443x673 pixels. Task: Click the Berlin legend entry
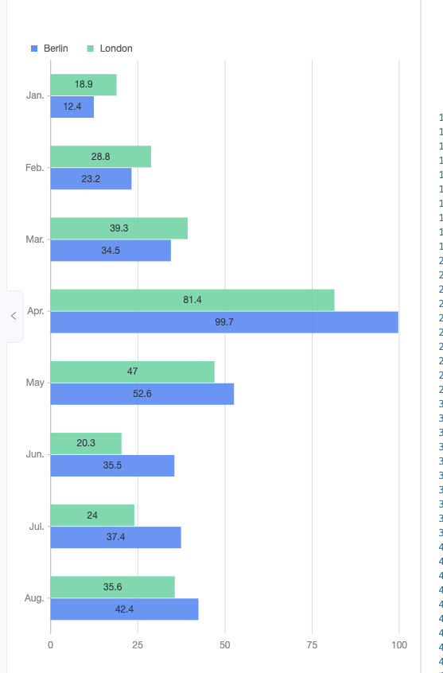[49, 49]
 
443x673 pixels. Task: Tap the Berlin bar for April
[223, 322]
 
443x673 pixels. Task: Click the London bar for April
[192, 300]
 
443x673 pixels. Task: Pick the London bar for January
[84, 84]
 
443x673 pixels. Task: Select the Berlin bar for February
[91, 179]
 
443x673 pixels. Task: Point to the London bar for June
[86, 443]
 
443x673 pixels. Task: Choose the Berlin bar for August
[124, 609]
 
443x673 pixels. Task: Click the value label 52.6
[142, 394]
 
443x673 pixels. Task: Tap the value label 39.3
[119, 228]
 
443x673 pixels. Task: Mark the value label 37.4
[115, 537]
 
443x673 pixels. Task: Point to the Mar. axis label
[35, 239]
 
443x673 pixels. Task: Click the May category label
[35, 383]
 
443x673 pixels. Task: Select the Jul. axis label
[37, 526]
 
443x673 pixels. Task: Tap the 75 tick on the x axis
[312, 644]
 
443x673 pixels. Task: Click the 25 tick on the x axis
[138, 644]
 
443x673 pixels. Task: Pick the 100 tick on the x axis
[398, 644]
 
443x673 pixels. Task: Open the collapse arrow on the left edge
[14, 316]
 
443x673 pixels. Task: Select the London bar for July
[92, 515]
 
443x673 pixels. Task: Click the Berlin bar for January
[72, 107]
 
